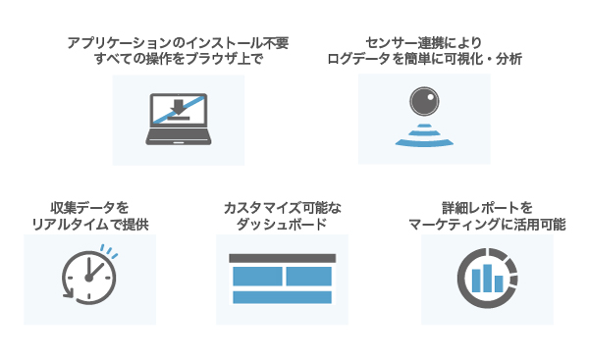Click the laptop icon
click(179, 120)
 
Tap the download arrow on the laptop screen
click(179, 108)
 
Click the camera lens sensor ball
click(424, 101)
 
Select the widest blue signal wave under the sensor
click(424, 142)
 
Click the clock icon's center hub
click(88, 278)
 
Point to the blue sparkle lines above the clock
click(109, 251)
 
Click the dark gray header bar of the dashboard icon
click(282, 258)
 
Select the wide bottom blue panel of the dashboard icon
click(282, 297)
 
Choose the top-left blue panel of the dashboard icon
click(257, 277)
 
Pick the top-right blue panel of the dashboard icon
click(309, 277)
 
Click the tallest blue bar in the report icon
click(487, 279)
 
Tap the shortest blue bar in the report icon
click(499, 283)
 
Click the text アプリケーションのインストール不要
click(178, 43)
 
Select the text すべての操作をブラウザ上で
click(178, 59)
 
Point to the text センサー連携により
click(424, 43)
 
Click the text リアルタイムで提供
click(90, 225)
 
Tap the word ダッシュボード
click(282, 225)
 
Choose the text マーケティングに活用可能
click(487, 225)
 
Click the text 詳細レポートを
click(487, 208)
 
